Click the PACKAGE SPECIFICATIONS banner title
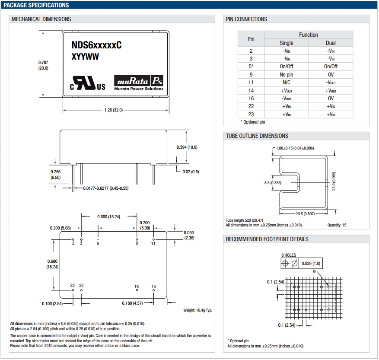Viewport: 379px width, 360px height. click(36, 5)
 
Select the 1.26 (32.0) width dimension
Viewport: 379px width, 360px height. click(114, 110)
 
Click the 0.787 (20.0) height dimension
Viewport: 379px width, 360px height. click(43, 65)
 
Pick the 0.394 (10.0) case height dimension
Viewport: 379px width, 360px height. click(187, 147)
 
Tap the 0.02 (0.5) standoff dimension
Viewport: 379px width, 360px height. click(190, 172)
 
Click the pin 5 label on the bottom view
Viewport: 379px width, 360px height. click(98, 244)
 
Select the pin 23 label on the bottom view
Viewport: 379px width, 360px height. click(73, 285)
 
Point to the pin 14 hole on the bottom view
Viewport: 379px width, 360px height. click(153, 291)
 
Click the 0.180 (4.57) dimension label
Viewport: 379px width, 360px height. click(133, 303)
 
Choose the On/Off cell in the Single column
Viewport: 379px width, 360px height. click(287, 66)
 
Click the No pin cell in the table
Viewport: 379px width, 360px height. click(287, 74)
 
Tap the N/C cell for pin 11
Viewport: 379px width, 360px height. click(287, 82)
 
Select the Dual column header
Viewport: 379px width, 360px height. click(331, 43)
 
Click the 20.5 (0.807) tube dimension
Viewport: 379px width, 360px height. click(305, 213)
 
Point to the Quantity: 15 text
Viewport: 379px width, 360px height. click(337, 225)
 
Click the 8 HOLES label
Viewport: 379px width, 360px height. click(289, 255)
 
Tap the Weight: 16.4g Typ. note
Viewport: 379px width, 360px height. click(197, 310)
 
